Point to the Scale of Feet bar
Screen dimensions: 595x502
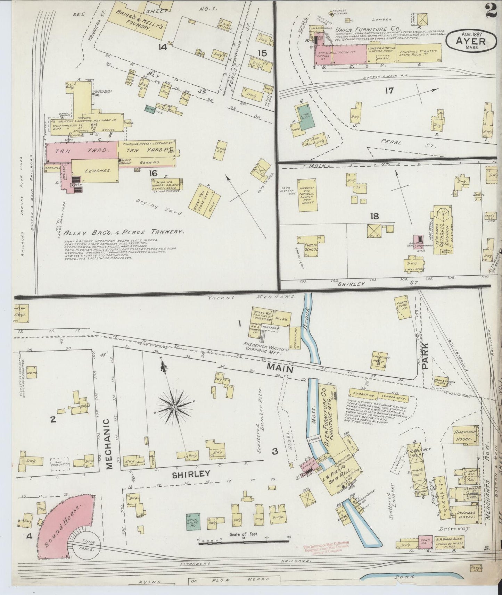pos(243,548)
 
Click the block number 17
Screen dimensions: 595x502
pos(389,91)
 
